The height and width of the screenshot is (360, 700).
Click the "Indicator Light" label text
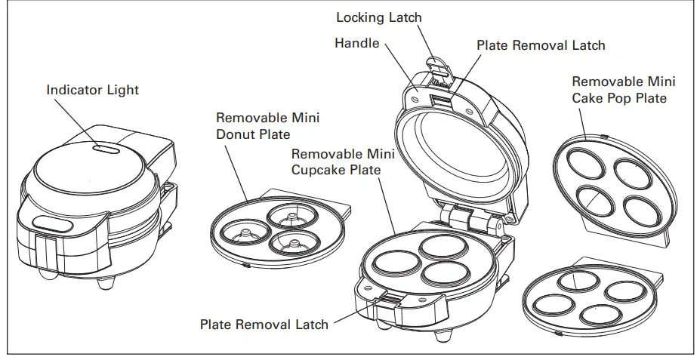click(92, 90)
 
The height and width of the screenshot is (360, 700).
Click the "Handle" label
click(356, 43)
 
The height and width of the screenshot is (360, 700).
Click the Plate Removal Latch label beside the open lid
click(541, 45)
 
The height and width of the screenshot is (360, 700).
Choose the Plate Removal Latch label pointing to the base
click(264, 325)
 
